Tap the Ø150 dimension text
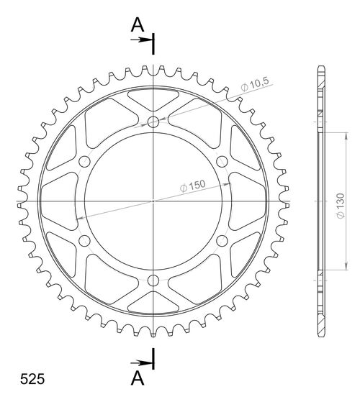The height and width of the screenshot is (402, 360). [193, 186]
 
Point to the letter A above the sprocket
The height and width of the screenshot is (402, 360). [137, 25]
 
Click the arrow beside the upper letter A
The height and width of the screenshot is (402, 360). [140, 41]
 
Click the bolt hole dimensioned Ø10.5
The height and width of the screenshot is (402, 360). [153, 122]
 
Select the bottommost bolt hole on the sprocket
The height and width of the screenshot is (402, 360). [153, 280]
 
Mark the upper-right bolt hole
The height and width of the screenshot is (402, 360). [222, 161]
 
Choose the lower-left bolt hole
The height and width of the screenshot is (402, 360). [84, 241]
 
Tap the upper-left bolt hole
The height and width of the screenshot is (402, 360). [84, 161]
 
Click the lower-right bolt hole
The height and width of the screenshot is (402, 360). [222, 241]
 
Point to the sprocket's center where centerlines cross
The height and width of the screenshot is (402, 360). [153, 201]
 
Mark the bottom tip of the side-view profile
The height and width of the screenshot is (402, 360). [320, 335]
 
